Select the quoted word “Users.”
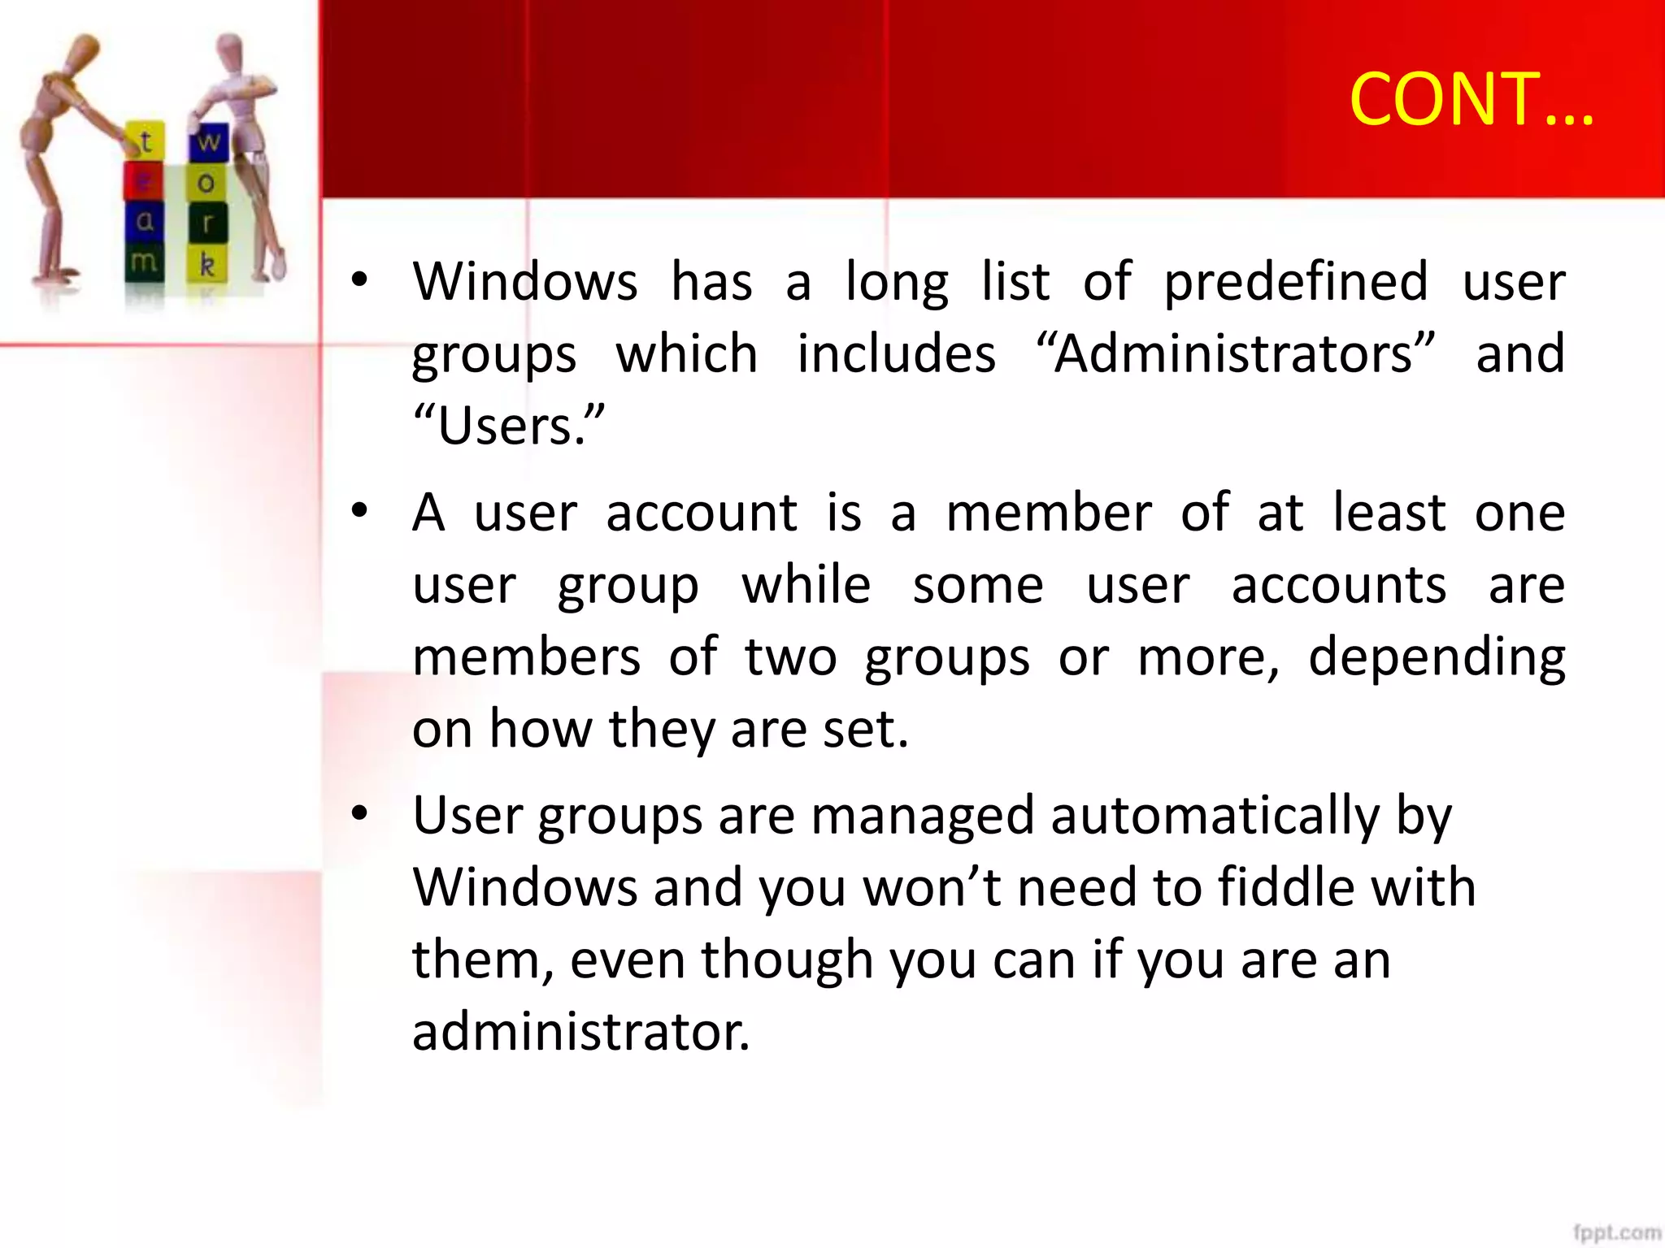pos(509,425)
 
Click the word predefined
pos(1296,283)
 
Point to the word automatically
pos(1215,816)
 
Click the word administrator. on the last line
pos(580,1032)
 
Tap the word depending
pos(1437,658)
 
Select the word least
pos(1389,513)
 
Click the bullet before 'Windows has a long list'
pos(359,281)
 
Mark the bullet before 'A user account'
pos(359,512)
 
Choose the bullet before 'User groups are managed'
pos(359,814)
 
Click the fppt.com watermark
pos(1616,1233)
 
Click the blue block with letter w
pos(208,141)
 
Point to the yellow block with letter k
pos(207,264)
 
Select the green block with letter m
pos(144,262)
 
